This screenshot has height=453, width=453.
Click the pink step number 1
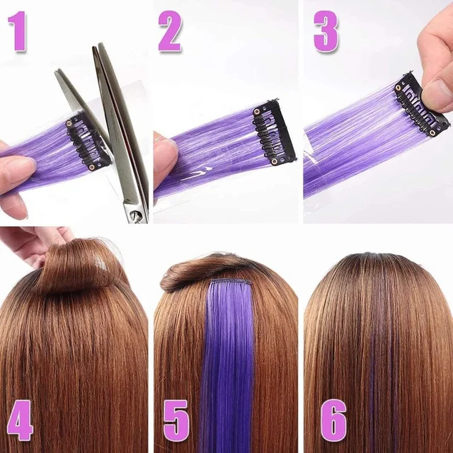(x=18, y=32)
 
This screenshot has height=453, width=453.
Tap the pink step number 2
(x=170, y=32)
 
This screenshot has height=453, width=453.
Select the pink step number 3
(x=326, y=32)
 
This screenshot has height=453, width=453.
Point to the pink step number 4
(x=20, y=420)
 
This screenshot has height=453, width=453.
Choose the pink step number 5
(x=176, y=420)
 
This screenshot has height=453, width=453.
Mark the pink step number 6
(x=333, y=420)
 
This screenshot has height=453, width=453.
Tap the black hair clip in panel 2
(x=273, y=131)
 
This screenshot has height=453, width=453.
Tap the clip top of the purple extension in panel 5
(x=230, y=282)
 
